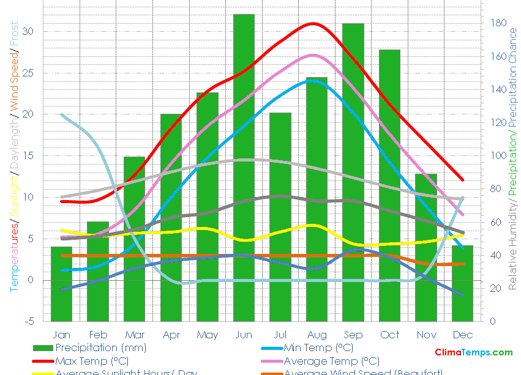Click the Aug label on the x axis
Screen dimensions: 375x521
[x=317, y=335]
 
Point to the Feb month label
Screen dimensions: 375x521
[x=98, y=335]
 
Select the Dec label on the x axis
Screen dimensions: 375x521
[x=463, y=335]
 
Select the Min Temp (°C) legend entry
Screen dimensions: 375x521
[x=318, y=348]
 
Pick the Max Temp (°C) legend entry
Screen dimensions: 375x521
[x=92, y=361]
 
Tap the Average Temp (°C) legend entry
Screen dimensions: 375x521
[x=331, y=361]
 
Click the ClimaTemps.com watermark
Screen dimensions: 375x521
[x=473, y=352]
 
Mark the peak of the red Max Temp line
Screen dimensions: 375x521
[x=314, y=23]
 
